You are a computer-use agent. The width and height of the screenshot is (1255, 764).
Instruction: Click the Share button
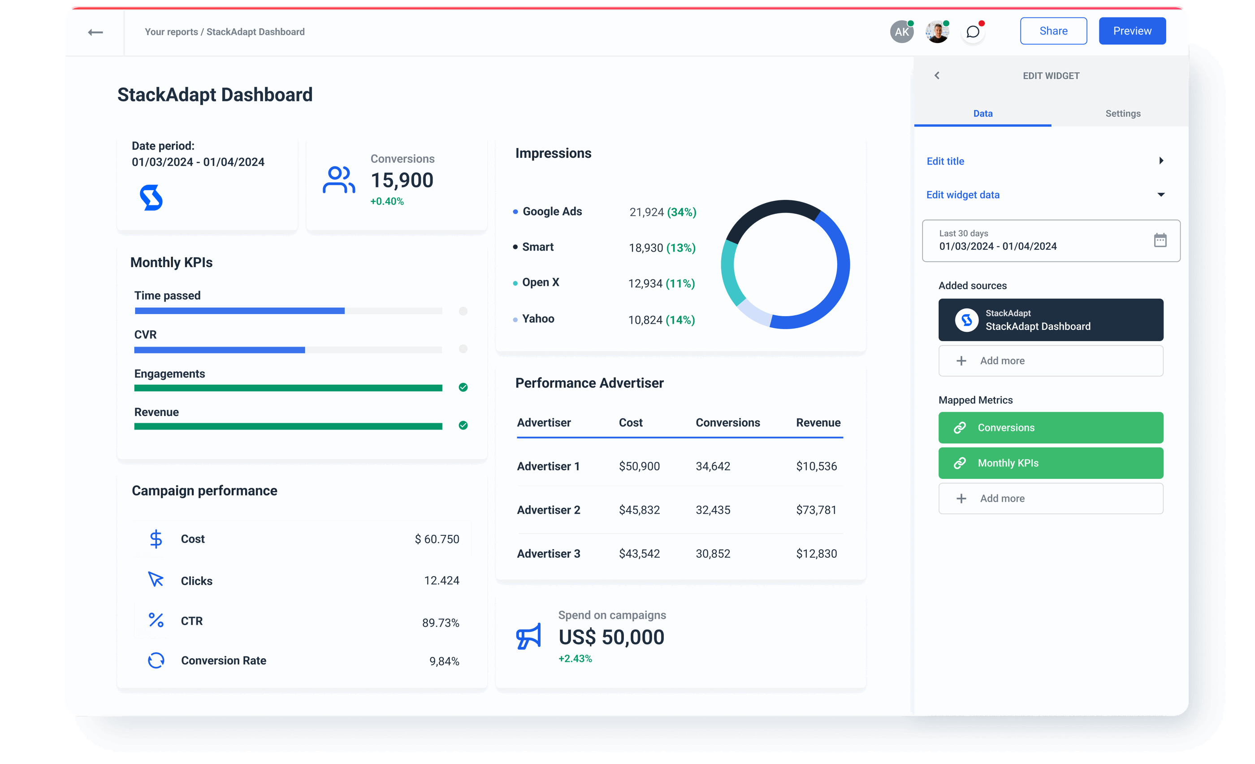click(x=1053, y=31)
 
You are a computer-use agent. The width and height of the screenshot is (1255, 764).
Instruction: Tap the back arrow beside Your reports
click(x=95, y=33)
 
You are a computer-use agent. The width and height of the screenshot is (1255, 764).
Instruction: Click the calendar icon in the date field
click(x=1160, y=240)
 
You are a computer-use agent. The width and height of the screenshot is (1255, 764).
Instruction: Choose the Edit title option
click(x=945, y=161)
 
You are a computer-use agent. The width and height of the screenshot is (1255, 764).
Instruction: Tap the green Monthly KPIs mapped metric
click(x=1050, y=463)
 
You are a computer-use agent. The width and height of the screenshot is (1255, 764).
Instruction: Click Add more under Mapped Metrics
click(x=1050, y=498)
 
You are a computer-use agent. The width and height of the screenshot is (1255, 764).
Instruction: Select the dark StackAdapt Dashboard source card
click(x=1050, y=320)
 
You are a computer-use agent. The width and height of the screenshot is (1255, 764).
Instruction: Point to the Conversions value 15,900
click(x=402, y=180)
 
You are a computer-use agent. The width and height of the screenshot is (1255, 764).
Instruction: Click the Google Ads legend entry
click(x=552, y=211)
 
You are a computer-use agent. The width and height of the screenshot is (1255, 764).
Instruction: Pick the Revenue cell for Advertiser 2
click(x=816, y=510)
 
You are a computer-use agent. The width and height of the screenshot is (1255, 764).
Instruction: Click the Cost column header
click(x=630, y=423)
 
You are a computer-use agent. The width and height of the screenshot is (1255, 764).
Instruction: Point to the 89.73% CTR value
click(x=440, y=623)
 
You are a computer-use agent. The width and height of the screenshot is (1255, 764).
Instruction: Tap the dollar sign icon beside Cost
click(x=156, y=539)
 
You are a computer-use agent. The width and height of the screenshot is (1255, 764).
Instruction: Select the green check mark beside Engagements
click(x=463, y=387)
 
